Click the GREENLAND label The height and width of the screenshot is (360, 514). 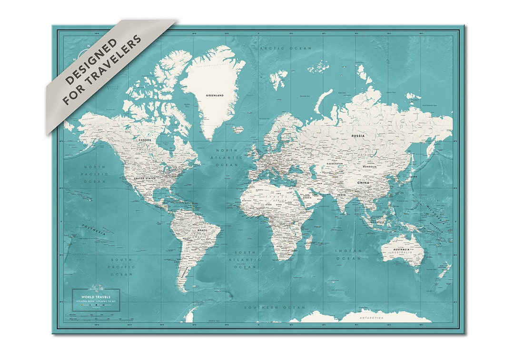[214, 95]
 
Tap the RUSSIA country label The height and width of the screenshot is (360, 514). [358, 136]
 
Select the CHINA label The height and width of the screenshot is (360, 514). [364, 182]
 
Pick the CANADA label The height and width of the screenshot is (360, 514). [145, 140]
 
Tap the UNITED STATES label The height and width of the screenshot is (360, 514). [145, 178]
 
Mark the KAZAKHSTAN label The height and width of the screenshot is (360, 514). [335, 164]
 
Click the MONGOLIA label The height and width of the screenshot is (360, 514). [369, 167]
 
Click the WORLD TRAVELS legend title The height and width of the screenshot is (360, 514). [96, 297]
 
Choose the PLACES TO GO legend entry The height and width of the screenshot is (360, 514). [106, 301]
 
